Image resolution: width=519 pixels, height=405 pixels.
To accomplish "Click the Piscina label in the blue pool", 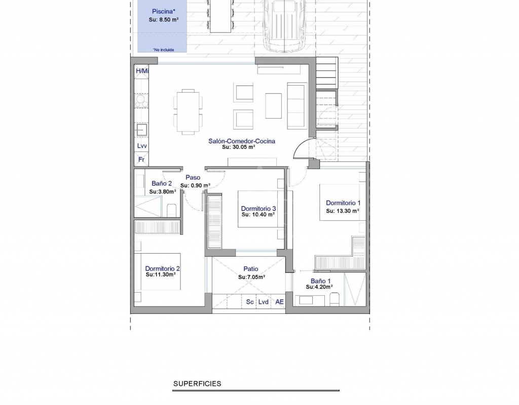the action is tap(164, 12).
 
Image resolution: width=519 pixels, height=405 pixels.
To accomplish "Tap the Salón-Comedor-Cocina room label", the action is tap(242, 141).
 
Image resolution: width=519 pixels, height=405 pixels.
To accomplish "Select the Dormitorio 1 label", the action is tap(343, 203).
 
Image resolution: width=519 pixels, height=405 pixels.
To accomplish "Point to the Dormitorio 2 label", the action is tap(163, 269).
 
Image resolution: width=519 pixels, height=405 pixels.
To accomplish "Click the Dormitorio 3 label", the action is tap(258, 209).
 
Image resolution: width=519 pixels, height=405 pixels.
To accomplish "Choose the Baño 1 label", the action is tap(320, 281).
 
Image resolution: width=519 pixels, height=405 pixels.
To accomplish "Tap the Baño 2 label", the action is tap(162, 183).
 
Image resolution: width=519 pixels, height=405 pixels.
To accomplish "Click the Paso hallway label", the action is tap(193, 178).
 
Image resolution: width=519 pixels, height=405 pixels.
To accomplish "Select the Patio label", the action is tap(250, 269).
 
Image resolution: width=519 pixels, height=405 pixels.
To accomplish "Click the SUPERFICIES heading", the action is tap(197, 384).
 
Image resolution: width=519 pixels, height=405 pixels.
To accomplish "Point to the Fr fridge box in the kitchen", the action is tap(141, 159).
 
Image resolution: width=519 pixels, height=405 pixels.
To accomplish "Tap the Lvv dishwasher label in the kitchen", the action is tap(142, 146).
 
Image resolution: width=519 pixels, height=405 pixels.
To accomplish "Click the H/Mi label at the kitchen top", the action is tap(142, 71).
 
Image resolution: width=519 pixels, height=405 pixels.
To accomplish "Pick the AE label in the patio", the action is tap(279, 302).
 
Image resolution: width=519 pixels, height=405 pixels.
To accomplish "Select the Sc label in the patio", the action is tap(250, 302).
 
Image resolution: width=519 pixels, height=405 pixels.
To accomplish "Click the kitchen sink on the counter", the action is tap(142, 130).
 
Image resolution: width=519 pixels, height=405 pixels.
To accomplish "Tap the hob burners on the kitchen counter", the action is tap(141, 101).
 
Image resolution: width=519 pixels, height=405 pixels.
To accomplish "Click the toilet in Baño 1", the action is tap(335, 299).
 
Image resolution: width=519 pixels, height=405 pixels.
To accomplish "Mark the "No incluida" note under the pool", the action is tap(163, 50).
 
